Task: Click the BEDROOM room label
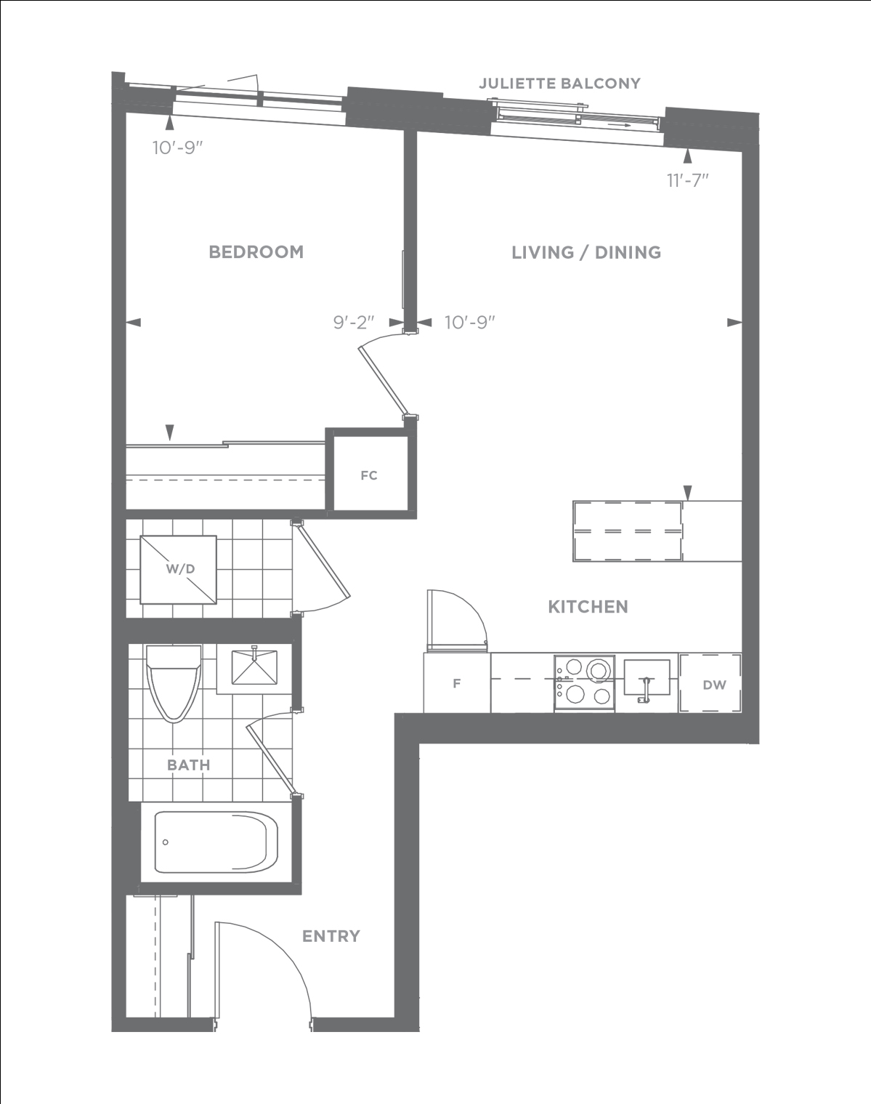256,252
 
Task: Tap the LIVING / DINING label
586,252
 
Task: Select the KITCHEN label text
588,607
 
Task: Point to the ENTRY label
331,936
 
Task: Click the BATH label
189,765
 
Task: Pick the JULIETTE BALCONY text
559,83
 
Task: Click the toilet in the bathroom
174,683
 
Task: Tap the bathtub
216,842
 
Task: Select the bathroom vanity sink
254,667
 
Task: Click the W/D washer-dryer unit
179,569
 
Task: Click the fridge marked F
456,682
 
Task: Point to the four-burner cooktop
584,682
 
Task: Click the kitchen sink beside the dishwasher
647,678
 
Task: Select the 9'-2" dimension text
354,322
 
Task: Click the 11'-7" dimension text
688,180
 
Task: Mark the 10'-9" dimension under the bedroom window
178,148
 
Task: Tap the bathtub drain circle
165,842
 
